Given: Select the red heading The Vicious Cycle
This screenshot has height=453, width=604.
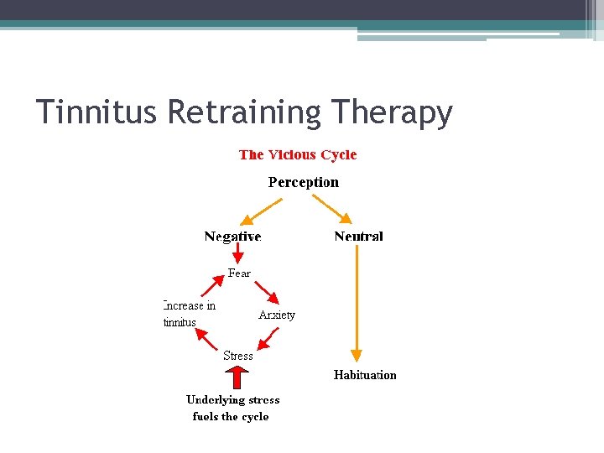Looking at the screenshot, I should point(298,154).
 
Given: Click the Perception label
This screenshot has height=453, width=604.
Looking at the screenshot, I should point(304,182).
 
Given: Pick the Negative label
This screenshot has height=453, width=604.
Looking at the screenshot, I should point(232,237).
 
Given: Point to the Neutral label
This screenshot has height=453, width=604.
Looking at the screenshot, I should point(358,237).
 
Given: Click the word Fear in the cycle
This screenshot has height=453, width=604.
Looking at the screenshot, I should point(239,273).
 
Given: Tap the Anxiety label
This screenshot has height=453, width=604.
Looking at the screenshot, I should point(277,315).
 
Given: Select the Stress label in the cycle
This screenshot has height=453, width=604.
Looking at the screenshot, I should point(238,356).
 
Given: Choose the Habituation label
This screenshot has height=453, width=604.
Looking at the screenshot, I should point(365,375).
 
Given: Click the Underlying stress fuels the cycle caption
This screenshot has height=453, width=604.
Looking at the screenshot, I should point(232,408).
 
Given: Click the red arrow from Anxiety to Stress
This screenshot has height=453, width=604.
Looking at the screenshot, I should point(268,337).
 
